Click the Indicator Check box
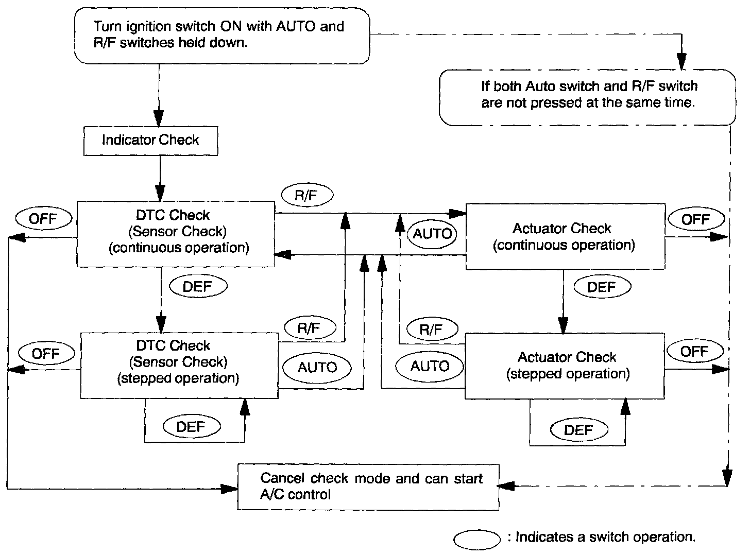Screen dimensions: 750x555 click(x=151, y=141)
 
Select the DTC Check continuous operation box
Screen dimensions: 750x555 click(x=176, y=234)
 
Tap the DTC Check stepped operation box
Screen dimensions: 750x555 click(x=180, y=366)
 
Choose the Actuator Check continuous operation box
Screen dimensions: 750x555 click(x=566, y=236)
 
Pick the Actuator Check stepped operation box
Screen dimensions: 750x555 click(x=565, y=366)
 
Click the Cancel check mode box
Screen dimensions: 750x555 click(x=368, y=487)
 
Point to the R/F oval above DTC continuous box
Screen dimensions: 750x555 click(x=307, y=195)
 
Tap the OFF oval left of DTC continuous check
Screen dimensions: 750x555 click(x=44, y=218)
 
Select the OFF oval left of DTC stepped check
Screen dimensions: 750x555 click(x=46, y=353)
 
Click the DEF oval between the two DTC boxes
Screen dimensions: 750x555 click(x=198, y=286)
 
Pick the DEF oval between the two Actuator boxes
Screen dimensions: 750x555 click(x=602, y=287)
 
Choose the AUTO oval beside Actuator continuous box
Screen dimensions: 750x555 click(x=432, y=234)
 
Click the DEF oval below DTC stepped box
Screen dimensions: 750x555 click(x=192, y=426)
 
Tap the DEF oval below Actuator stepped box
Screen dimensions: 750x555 click(x=579, y=429)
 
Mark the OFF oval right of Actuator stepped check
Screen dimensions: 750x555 click(x=695, y=351)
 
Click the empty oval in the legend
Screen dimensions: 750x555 click(x=477, y=540)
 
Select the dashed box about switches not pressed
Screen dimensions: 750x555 click(x=587, y=98)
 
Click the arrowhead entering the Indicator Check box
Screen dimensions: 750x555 click(x=159, y=118)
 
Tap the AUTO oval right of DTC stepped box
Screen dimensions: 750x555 click(x=317, y=368)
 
